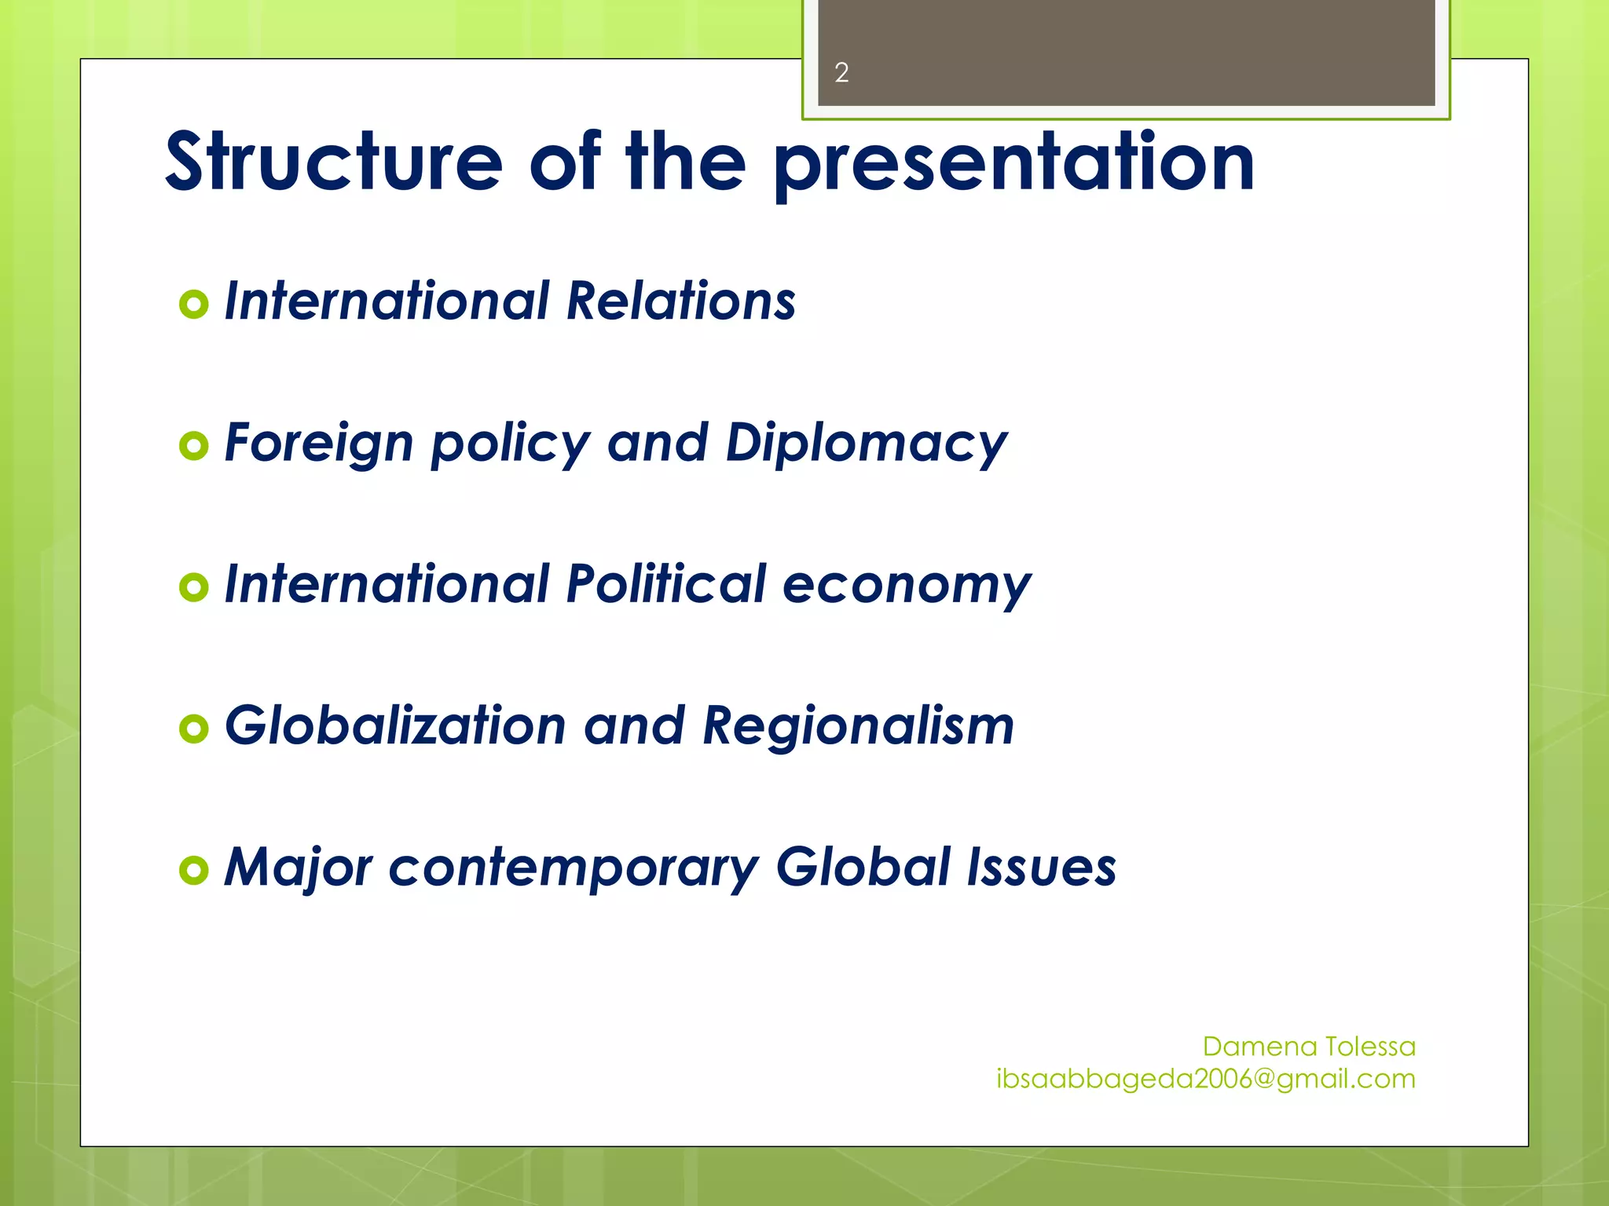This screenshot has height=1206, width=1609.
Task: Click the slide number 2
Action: (x=841, y=73)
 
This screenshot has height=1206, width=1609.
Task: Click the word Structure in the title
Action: (x=334, y=162)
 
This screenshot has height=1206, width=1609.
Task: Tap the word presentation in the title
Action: (x=1013, y=163)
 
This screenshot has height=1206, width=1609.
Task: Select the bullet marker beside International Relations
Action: (x=194, y=304)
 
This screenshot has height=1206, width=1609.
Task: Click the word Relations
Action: (x=680, y=301)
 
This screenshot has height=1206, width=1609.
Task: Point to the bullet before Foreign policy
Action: (x=194, y=446)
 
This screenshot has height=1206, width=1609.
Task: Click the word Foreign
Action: (x=319, y=443)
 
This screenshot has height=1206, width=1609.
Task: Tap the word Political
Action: (x=665, y=584)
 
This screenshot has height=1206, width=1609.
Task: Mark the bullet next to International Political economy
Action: (x=194, y=587)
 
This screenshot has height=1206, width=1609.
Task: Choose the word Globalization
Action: (x=395, y=725)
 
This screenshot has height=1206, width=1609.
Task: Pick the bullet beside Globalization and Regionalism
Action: (x=194, y=729)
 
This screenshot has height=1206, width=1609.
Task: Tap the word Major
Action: (x=298, y=868)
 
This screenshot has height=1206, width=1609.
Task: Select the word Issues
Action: (x=1041, y=867)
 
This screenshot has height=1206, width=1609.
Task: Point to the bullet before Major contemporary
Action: (x=194, y=870)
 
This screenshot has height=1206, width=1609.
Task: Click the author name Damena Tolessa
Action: (x=1309, y=1047)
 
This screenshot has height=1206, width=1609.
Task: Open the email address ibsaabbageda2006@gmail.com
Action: (x=1206, y=1080)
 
